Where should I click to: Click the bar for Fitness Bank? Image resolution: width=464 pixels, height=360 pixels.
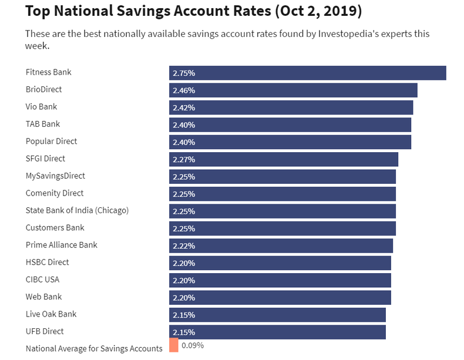(307, 73)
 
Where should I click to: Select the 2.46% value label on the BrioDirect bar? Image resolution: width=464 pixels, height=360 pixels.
(184, 90)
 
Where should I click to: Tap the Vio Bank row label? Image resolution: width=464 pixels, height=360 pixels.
(41, 107)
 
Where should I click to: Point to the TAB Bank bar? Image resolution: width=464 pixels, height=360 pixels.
(290, 125)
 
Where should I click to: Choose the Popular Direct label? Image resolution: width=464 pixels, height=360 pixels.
(51, 142)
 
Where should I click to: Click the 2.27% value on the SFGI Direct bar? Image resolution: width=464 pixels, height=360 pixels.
(184, 159)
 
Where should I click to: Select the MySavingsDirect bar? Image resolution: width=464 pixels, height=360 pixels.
(283, 176)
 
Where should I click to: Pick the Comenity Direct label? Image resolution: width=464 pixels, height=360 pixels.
(55, 193)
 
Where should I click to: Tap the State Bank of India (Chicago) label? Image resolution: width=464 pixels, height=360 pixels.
(77, 210)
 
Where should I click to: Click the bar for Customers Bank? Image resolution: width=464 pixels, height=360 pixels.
(283, 228)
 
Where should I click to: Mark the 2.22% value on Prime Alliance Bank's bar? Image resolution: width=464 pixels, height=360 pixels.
(184, 245)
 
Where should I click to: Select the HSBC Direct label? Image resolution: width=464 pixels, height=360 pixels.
(47, 262)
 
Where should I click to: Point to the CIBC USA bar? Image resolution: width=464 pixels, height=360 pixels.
(280, 280)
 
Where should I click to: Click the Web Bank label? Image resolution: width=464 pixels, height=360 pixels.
(43, 297)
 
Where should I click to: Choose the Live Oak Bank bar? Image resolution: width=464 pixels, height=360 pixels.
(277, 314)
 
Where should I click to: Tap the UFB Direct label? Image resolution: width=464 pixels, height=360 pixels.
(45, 331)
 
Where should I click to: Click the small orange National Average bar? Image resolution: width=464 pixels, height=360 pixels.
(173, 345)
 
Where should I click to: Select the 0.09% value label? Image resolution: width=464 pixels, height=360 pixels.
(193, 345)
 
